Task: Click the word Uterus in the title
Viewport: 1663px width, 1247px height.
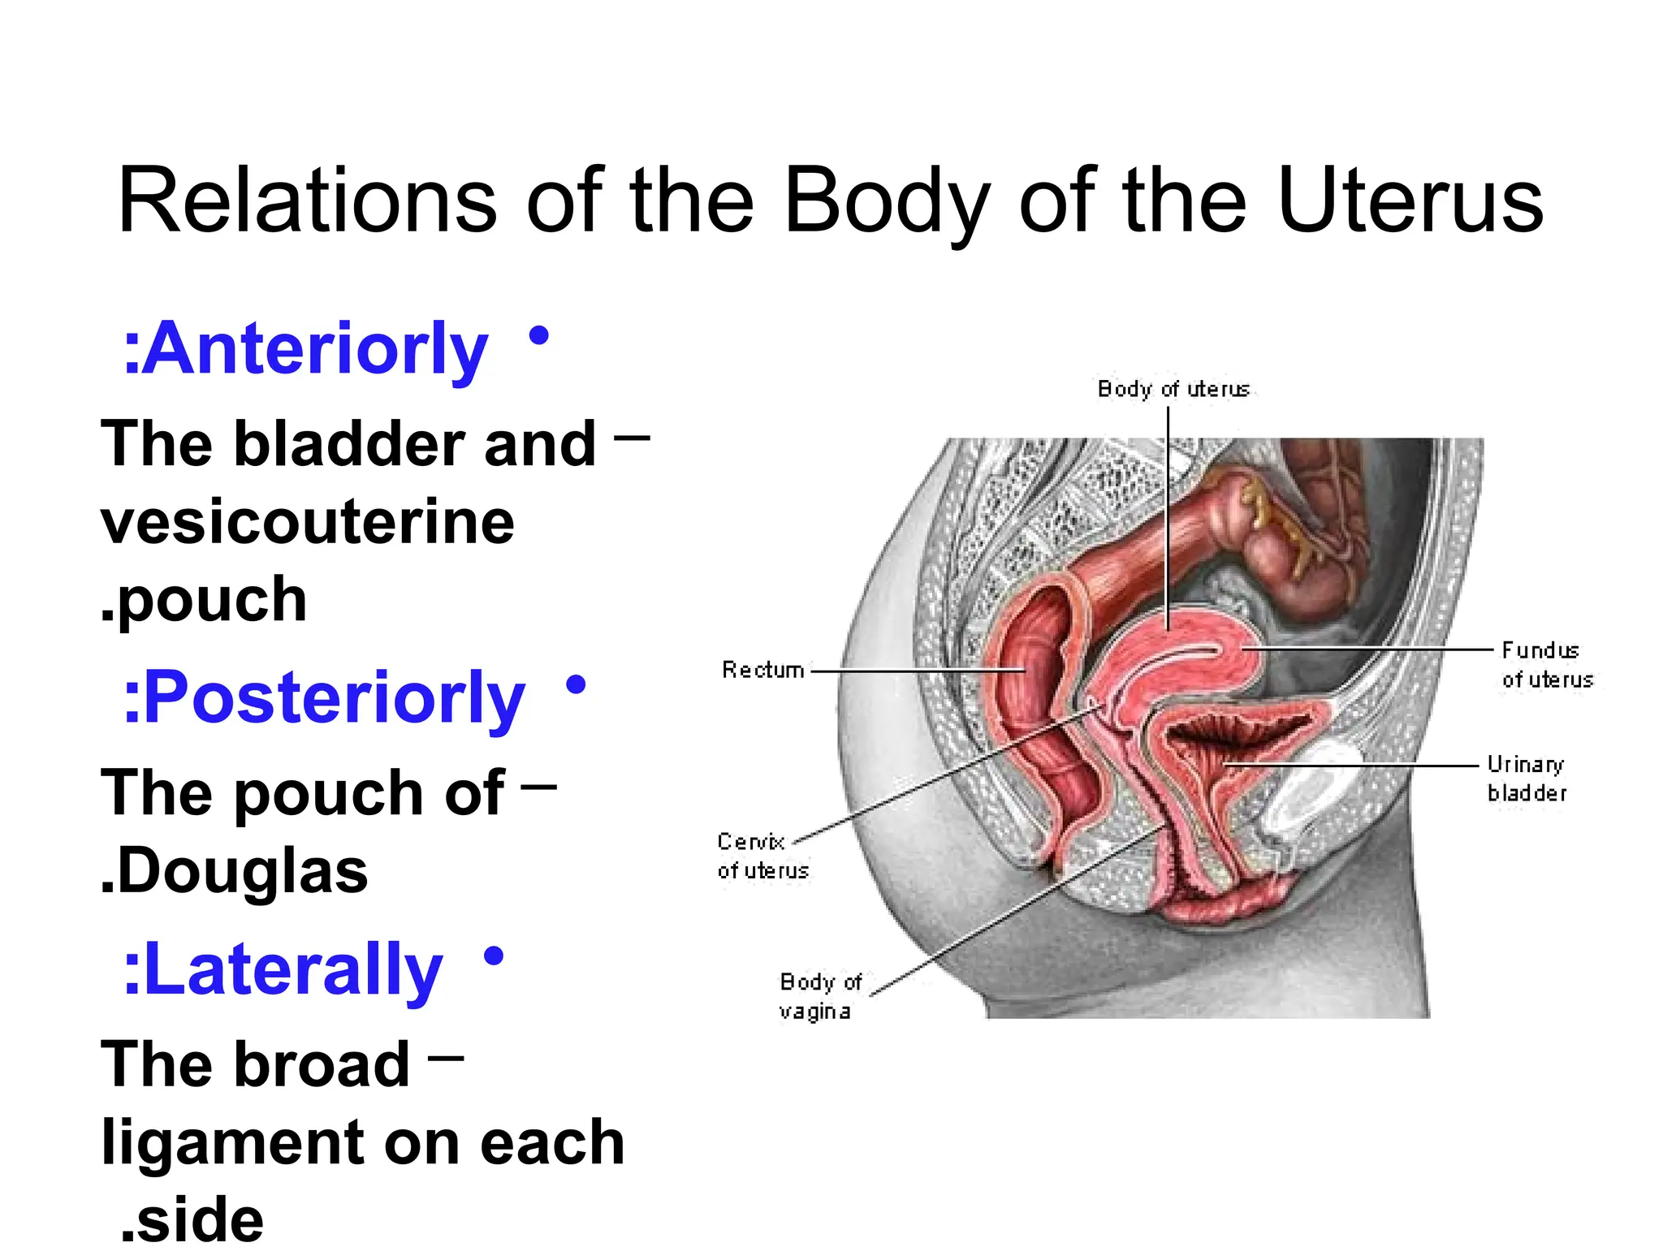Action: [1410, 201]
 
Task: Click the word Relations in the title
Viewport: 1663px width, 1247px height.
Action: [307, 201]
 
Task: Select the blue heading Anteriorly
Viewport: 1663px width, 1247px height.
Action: [306, 349]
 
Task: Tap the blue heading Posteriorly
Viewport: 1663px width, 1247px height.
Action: [324, 698]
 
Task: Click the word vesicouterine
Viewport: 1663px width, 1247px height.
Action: [307, 521]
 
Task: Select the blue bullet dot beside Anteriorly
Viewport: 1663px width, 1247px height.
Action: [538, 335]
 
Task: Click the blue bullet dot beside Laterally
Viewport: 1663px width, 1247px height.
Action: [493, 956]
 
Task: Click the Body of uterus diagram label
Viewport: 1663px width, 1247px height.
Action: [1173, 389]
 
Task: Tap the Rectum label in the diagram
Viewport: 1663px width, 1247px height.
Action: [762, 670]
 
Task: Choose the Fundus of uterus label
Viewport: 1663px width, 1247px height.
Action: [1546, 664]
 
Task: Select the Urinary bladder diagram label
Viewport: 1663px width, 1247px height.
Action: [1526, 778]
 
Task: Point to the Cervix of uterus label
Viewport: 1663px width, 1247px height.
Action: [762, 856]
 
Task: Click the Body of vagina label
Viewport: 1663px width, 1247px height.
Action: [819, 996]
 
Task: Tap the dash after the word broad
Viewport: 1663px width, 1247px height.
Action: [446, 1058]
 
